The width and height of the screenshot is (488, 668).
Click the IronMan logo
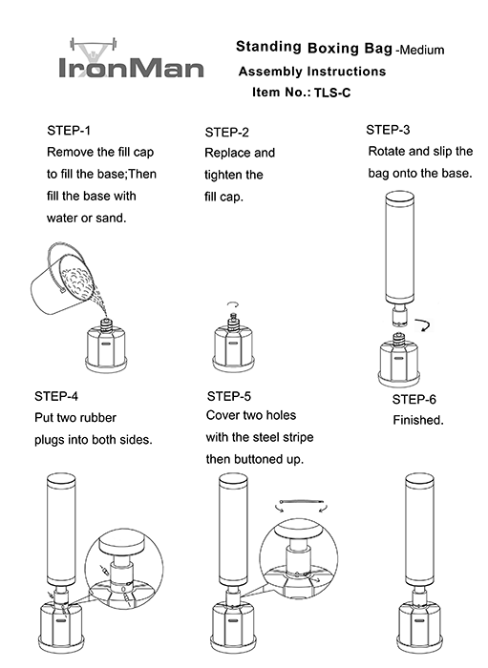(131, 59)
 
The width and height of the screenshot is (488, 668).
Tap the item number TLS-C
(332, 93)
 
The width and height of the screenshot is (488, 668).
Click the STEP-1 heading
(69, 131)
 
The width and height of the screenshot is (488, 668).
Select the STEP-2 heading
(226, 133)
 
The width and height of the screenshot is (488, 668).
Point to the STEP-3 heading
(388, 130)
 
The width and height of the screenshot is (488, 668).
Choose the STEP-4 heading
(56, 396)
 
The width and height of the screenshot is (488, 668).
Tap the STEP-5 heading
(229, 397)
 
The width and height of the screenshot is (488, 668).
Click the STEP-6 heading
(414, 399)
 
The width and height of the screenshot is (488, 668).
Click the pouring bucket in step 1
(62, 279)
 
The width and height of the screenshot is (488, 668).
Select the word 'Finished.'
(418, 421)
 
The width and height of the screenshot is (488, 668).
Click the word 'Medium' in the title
(421, 51)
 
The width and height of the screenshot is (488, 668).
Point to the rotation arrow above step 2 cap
(232, 304)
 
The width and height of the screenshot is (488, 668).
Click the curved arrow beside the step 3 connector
(424, 325)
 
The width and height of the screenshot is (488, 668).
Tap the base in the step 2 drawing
(234, 349)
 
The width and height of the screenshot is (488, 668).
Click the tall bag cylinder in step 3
(400, 247)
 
